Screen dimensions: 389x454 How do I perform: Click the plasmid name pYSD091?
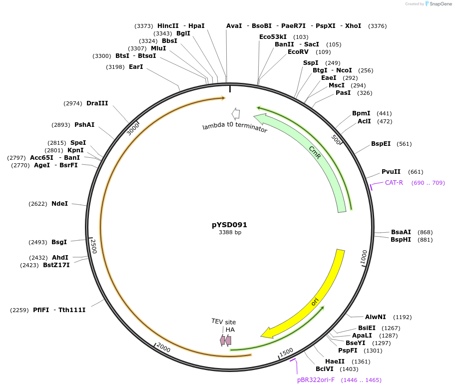coord(229,225)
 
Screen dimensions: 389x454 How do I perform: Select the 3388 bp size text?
coord(230,233)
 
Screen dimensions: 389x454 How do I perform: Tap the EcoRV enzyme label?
coord(299,52)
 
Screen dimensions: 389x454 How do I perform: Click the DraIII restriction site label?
coord(97,103)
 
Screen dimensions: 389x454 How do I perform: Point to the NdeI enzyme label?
coord(59,204)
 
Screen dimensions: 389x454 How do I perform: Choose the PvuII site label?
coord(391,172)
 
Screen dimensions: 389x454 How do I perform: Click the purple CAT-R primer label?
coord(394,183)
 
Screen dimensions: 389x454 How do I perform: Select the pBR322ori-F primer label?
coord(316,380)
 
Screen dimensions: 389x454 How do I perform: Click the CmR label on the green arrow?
coord(314,152)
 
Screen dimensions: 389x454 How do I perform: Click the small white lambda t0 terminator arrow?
coord(236,113)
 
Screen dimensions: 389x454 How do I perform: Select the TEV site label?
coord(223,322)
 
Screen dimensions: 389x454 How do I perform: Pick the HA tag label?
coord(230,330)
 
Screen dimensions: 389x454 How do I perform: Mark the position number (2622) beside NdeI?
coord(38,204)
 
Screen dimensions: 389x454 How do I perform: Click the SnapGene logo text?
coord(438,4)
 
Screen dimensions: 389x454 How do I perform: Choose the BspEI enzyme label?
coord(381,144)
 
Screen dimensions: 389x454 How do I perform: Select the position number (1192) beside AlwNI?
coord(403,317)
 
